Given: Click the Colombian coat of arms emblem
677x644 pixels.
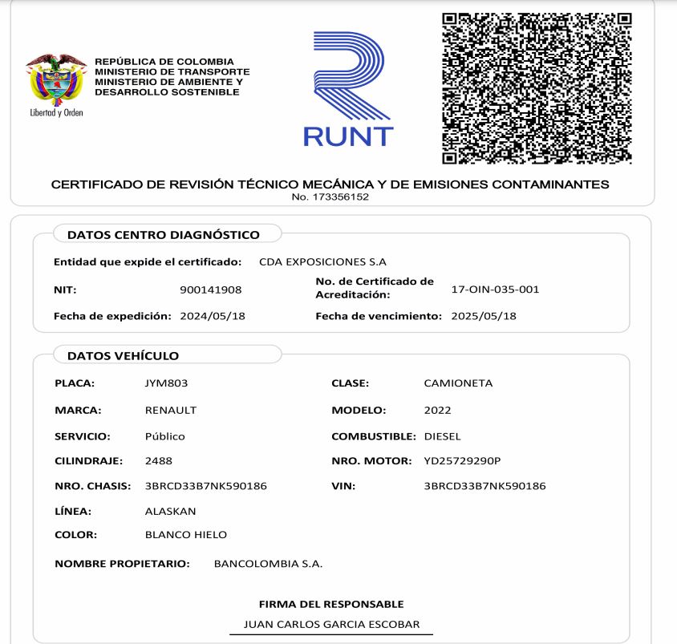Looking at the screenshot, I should point(55,80).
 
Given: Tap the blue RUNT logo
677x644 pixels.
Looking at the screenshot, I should point(348,90).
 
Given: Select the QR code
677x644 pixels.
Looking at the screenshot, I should point(537,87).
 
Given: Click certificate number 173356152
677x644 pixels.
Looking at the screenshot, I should point(330,197).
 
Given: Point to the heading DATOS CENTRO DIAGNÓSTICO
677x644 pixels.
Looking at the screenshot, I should point(164,235).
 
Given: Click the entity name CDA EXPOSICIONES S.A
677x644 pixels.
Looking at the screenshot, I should point(322,261).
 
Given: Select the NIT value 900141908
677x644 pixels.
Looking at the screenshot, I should point(211,290).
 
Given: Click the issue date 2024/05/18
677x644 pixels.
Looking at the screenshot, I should point(212,316).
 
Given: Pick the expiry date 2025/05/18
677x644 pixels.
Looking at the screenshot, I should point(484,316).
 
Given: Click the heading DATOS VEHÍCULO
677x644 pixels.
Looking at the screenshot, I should point(123,355).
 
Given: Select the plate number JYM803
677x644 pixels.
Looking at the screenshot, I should point(166,383).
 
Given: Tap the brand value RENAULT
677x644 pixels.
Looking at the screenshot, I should point(170,410).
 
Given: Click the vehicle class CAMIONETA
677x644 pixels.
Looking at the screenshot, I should point(458,383).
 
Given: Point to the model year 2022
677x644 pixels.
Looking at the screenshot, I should point(437,410).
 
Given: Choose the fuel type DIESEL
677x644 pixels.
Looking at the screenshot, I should point(442,436).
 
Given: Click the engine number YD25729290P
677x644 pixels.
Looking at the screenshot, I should point(462,461).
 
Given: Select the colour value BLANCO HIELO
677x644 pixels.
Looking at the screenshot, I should point(185,534).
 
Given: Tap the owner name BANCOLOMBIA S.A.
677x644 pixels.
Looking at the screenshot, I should point(268,564).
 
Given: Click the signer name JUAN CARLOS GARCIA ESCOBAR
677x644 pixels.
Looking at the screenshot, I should point(331,624).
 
